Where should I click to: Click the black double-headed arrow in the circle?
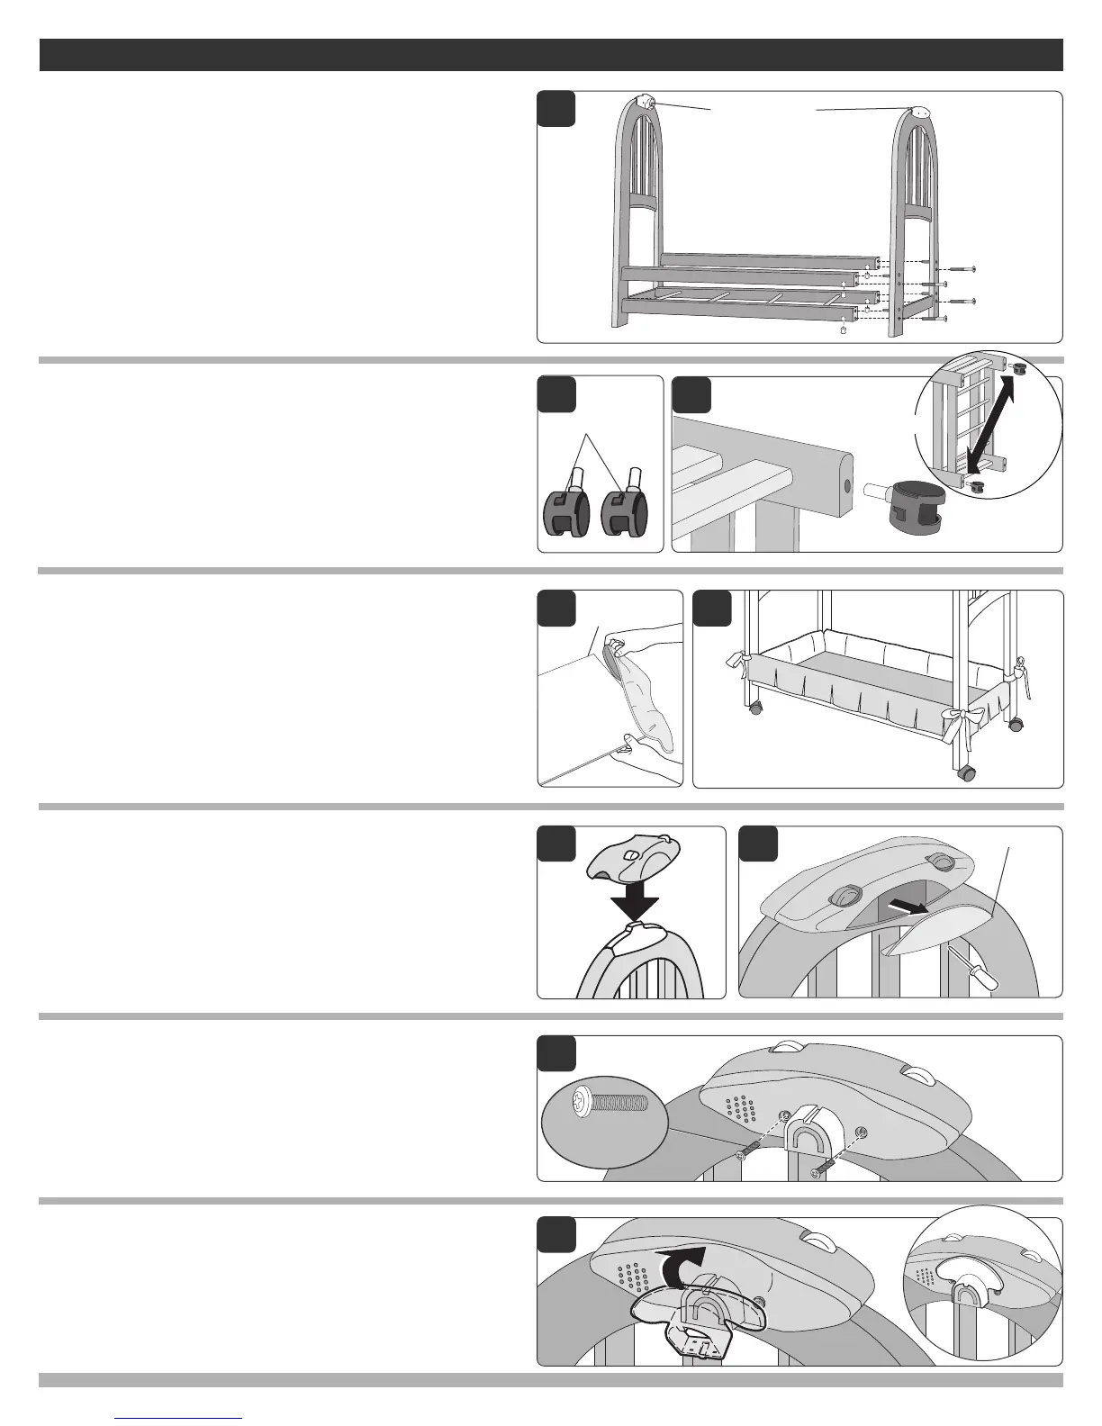(x=989, y=420)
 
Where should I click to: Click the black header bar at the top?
(x=551, y=54)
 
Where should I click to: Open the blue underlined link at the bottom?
(x=180, y=1418)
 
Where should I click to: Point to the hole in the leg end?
(x=846, y=487)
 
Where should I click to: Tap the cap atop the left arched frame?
(x=645, y=102)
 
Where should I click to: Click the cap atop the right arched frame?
(x=919, y=113)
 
